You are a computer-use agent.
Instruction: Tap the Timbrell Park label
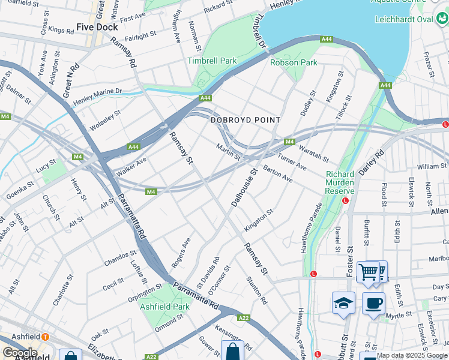click(212, 61)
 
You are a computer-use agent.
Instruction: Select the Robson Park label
click(294, 62)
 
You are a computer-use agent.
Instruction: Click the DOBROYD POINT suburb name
click(246, 120)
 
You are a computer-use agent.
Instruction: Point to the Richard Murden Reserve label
click(340, 182)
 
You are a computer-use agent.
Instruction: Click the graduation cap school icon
click(343, 302)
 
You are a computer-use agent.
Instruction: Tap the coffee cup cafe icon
click(373, 302)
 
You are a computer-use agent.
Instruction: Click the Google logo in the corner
click(20, 353)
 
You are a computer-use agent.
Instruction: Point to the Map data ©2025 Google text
click(412, 355)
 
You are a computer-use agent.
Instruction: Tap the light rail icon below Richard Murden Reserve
click(345, 200)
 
